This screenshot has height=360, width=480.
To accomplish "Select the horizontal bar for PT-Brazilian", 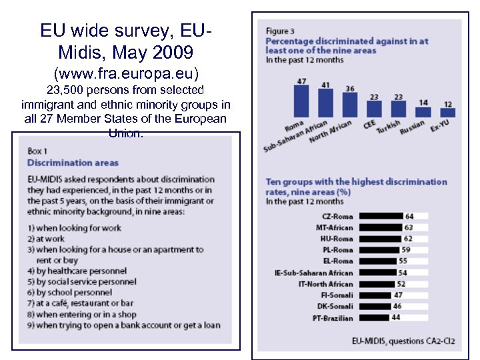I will tap(374, 318).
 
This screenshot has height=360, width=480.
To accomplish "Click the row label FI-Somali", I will tap(337, 295).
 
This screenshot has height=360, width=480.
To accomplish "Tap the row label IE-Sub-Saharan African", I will tap(313, 273).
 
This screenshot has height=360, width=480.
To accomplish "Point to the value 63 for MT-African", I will tap(409, 228).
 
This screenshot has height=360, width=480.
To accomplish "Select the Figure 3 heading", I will tap(277, 31).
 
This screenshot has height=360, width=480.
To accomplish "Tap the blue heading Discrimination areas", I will tap(73, 163).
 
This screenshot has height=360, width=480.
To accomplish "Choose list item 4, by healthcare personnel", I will tap(77, 271).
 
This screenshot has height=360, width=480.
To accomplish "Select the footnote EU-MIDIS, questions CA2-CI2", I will tap(403, 341).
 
